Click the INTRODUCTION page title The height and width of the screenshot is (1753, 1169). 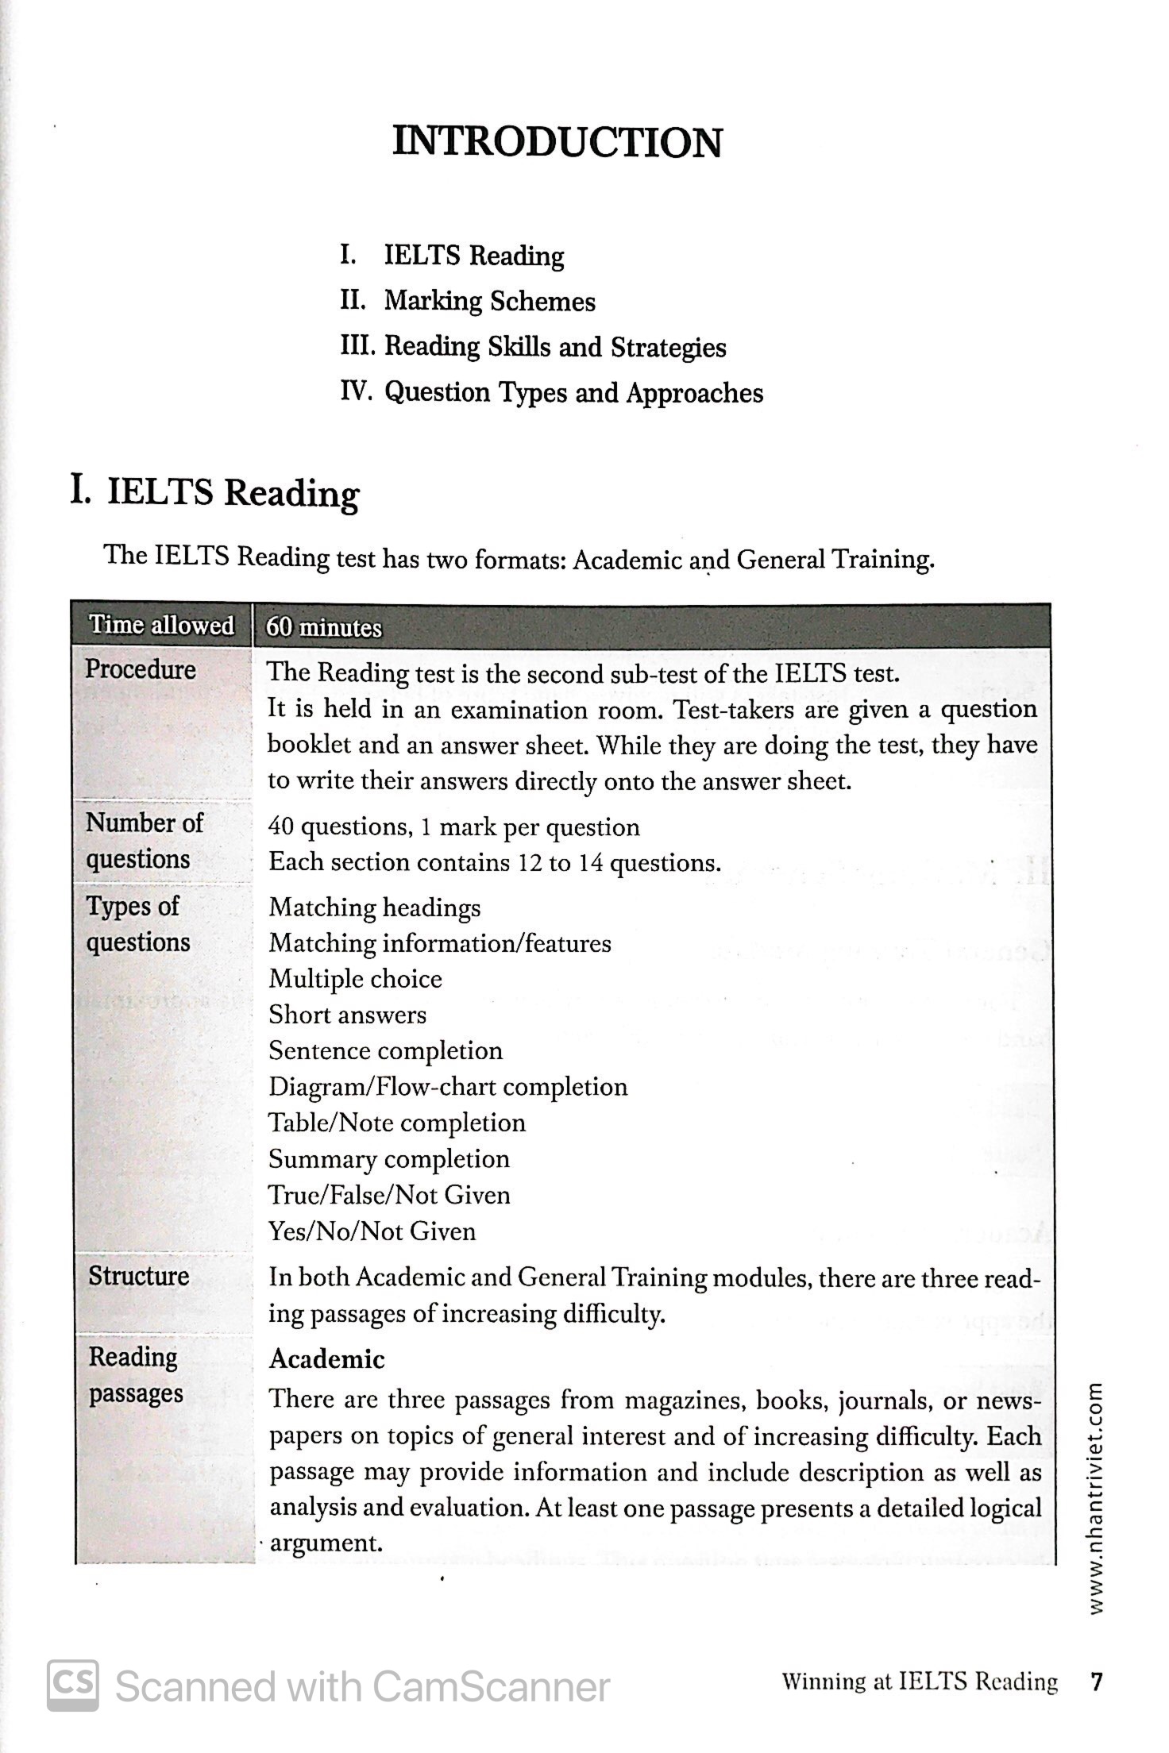point(557,143)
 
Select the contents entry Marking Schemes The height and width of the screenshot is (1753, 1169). point(489,302)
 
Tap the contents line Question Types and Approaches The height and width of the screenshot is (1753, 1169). point(573,393)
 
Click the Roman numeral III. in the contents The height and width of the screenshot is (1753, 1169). point(359,347)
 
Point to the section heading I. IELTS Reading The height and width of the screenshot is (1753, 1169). point(215,492)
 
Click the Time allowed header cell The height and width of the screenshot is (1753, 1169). point(161,626)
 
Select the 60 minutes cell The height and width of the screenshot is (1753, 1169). point(324,628)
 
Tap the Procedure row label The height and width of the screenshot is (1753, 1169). point(141,669)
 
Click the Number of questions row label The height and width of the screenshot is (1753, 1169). point(144,841)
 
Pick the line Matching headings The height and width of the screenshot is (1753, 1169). point(375,907)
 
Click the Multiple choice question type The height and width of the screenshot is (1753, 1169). point(355,979)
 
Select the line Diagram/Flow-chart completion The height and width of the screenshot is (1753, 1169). point(448,1087)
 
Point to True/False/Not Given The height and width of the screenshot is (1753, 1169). point(389,1195)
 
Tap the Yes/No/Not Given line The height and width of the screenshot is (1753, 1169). point(372,1231)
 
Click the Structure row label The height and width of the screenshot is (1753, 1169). point(139,1276)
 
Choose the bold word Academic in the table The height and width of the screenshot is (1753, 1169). point(326,1359)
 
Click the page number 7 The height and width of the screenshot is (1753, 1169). point(1097,1682)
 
